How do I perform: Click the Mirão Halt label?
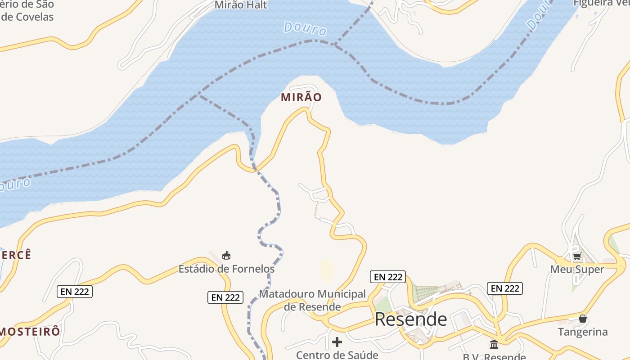tap(241, 5)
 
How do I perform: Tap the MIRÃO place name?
tap(301, 97)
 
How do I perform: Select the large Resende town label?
tap(411, 319)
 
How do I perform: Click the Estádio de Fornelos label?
tap(226, 269)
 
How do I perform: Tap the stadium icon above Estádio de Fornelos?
tap(226, 256)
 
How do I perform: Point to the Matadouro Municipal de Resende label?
tap(312, 300)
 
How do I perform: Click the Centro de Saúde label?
tap(337, 355)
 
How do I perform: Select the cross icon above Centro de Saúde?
tap(337, 342)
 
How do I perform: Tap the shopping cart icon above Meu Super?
tap(577, 256)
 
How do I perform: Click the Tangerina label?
tap(583, 332)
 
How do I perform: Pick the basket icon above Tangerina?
tap(583, 319)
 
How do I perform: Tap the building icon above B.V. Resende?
tap(494, 345)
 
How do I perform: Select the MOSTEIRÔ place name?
tap(30, 332)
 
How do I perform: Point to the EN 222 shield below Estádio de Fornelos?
tap(225, 297)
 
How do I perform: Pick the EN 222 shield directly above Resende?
tap(388, 277)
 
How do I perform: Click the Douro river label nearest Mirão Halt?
tap(305, 29)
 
